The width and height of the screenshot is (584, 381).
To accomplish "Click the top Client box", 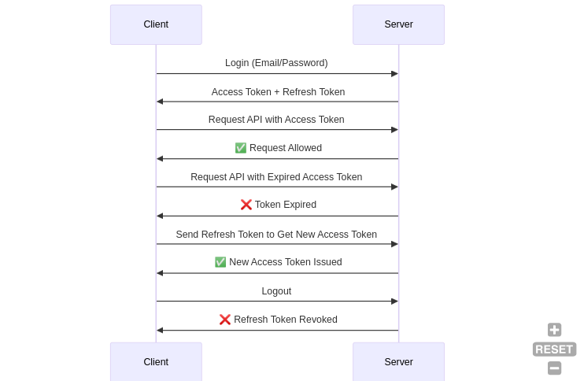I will [156, 24].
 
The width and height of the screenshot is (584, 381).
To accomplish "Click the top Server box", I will [398, 24].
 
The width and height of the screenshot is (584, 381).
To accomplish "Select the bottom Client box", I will [156, 361].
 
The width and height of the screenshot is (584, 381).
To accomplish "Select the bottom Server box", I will [398, 361].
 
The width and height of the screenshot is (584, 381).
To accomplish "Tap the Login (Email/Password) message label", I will [276, 63].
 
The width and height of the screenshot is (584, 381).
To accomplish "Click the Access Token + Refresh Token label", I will [278, 92].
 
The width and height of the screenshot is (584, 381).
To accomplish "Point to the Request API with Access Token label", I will [276, 120].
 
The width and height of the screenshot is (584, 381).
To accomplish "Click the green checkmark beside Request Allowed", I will [241, 148].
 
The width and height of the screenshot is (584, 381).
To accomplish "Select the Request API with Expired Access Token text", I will [276, 177].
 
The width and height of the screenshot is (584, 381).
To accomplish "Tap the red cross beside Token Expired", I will [246, 205].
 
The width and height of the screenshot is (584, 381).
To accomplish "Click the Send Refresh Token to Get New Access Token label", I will [276, 235].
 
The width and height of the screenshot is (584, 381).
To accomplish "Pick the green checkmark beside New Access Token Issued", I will [220, 262].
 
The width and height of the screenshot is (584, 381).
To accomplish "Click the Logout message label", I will [276, 291].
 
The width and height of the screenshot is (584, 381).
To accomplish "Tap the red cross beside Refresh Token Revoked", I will [225, 320].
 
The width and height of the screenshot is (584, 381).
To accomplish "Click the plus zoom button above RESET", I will [554, 330].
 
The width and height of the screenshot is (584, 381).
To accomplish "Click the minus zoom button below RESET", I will [554, 368].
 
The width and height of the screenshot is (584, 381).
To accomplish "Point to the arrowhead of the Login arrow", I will [394, 74].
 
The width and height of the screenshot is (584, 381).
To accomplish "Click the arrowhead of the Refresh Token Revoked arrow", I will [160, 331].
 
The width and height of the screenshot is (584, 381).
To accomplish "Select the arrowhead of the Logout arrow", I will [394, 301].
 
